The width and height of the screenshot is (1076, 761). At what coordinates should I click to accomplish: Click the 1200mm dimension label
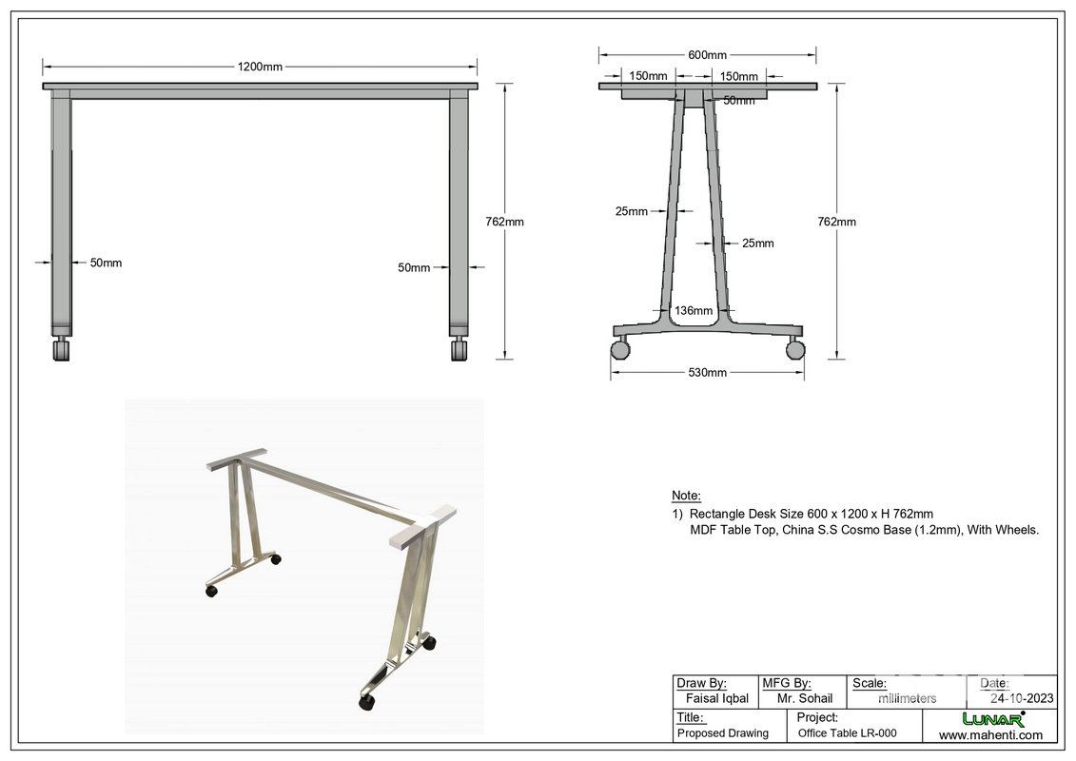click(x=260, y=67)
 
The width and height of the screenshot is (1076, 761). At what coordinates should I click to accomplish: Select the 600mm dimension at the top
click(x=707, y=55)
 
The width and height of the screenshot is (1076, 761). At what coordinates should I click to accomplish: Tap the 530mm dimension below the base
click(x=707, y=372)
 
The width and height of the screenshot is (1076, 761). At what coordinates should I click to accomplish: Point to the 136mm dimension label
click(x=694, y=310)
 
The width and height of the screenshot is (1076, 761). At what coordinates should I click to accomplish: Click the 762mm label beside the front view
click(x=504, y=222)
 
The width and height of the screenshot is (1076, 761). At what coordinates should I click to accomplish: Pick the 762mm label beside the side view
click(x=837, y=222)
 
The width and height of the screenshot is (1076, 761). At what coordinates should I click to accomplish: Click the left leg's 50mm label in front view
click(x=106, y=263)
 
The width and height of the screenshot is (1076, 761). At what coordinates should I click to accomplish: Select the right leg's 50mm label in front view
click(x=414, y=267)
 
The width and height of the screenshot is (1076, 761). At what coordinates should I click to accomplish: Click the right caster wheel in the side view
click(x=795, y=349)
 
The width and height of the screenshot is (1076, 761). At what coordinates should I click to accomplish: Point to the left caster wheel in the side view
click(x=620, y=349)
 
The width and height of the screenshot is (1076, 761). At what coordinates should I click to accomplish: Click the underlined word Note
click(x=686, y=496)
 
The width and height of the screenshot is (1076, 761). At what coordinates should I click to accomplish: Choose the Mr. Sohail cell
click(x=804, y=698)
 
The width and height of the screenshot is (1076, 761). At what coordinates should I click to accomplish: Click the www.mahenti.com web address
click(x=990, y=734)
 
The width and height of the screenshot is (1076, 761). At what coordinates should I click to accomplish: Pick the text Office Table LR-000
click(x=847, y=733)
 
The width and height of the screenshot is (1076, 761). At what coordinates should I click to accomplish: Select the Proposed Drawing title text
click(x=722, y=733)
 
